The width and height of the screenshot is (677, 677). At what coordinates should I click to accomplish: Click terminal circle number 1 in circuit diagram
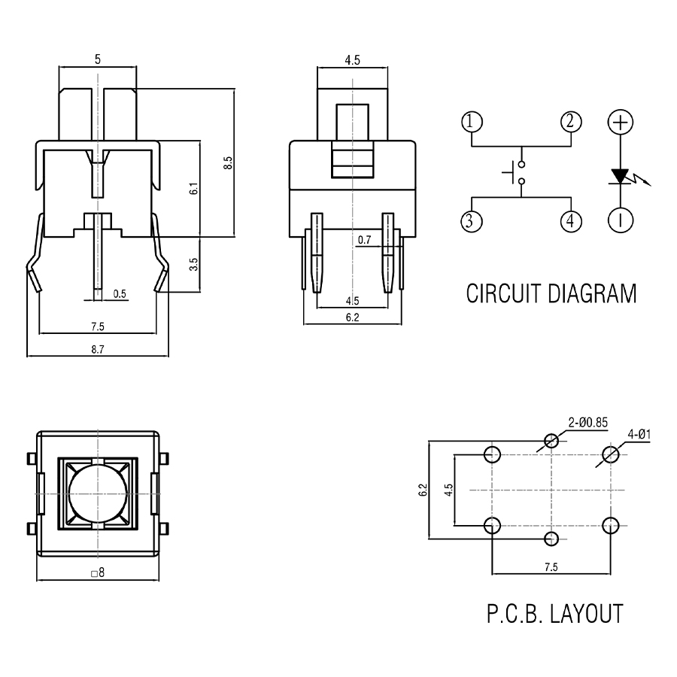(472, 121)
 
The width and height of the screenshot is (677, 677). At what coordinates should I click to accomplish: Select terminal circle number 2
(570, 121)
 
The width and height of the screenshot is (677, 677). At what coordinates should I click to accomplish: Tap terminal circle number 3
(472, 221)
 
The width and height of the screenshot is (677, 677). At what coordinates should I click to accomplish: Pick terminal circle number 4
(570, 221)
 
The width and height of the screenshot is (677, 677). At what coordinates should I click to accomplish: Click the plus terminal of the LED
(621, 122)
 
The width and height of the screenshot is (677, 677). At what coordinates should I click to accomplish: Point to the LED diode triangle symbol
(621, 176)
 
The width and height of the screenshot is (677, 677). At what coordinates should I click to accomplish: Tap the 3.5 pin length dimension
(193, 265)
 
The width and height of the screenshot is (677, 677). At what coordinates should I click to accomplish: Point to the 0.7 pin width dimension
(365, 240)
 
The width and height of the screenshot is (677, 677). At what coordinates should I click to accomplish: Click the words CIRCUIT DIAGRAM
(551, 293)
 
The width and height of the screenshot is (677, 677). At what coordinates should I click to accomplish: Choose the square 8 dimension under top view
(98, 572)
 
